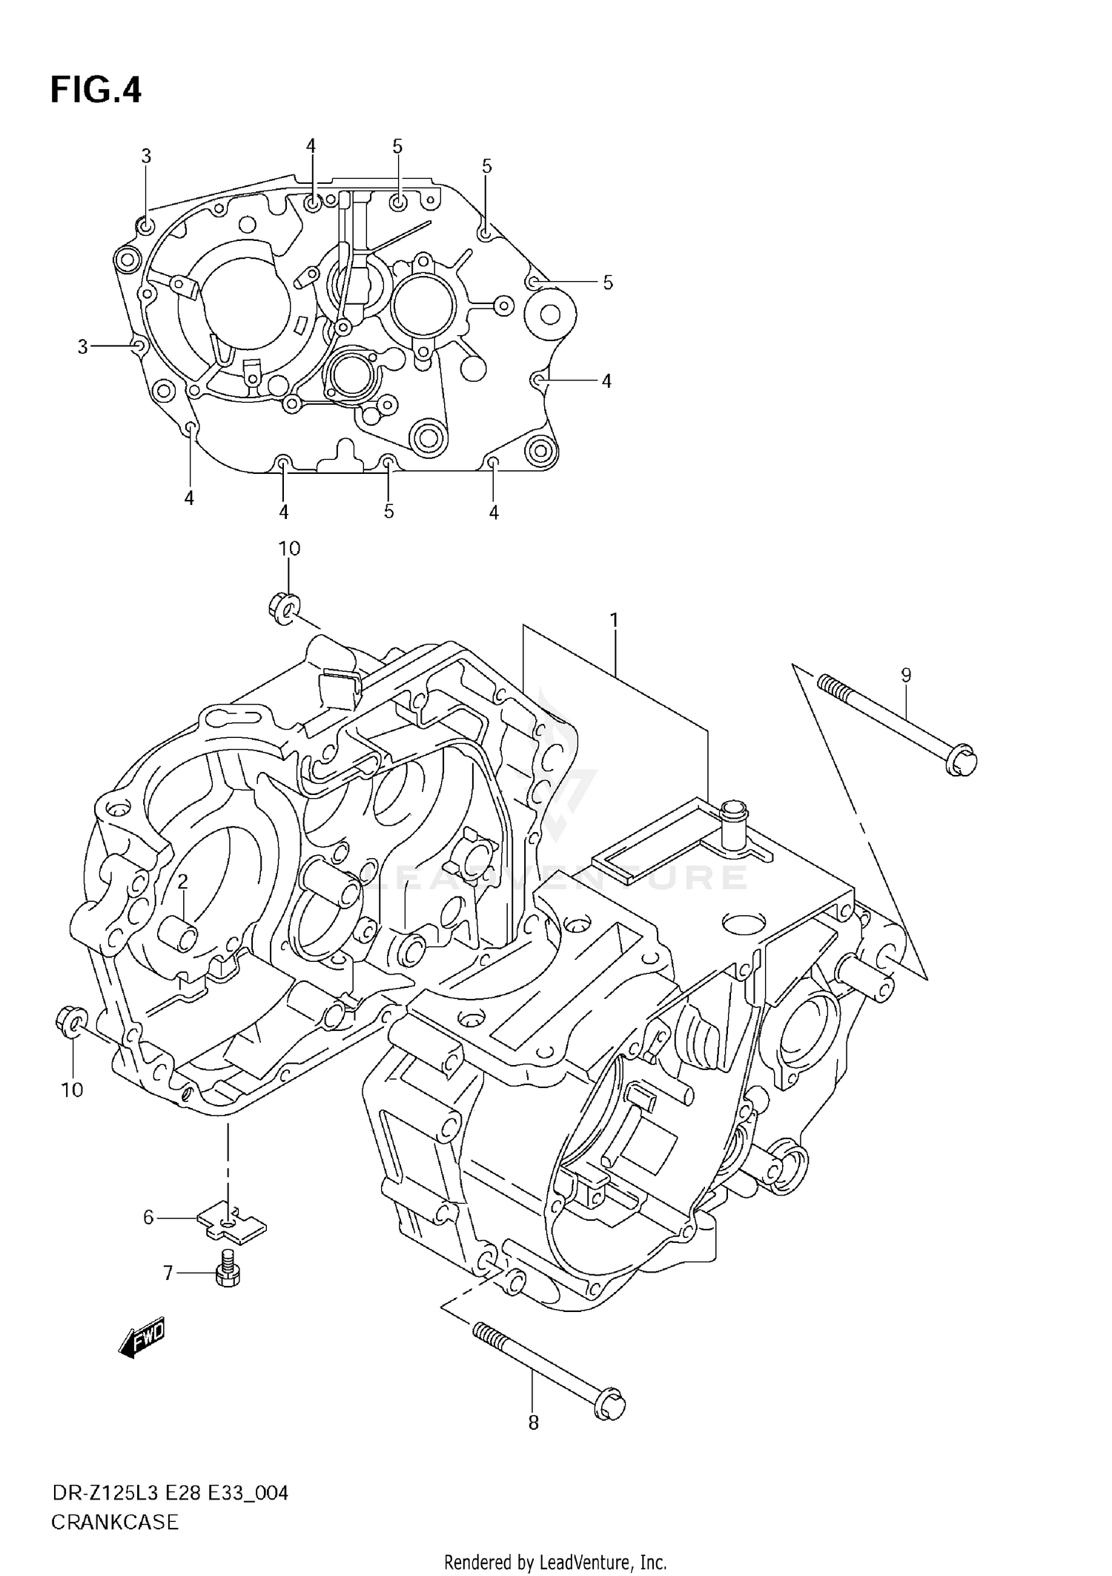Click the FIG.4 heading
click(96, 90)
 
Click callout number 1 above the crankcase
click(614, 619)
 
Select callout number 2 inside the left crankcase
click(182, 881)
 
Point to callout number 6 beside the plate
click(148, 1217)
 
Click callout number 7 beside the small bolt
click(168, 1273)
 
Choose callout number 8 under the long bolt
click(533, 1422)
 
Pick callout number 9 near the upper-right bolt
click(906, 675)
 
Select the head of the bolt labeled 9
click(962, 762)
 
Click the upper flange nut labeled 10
click(282, 607)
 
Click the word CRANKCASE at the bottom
click(115, 1523)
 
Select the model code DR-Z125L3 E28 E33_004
click(169, 1493)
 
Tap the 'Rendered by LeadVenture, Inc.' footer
click(555, 1563)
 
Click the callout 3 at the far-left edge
click(82, 346)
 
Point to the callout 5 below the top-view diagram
click(388, 511)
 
